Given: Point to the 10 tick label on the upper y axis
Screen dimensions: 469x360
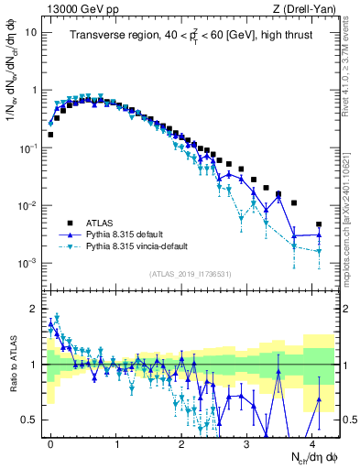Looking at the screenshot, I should tap(30, 32).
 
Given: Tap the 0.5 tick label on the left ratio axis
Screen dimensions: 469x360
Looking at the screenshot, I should tap(29, 420).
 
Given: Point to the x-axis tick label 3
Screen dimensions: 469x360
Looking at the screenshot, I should tap(246, 442).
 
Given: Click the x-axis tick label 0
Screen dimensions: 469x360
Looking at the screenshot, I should tap(50, 442).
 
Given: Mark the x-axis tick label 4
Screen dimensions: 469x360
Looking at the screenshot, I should tap(312, 442).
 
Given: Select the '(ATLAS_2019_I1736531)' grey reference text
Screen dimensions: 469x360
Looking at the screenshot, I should tap(191, 275).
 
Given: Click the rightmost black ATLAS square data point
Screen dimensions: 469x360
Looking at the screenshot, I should tap(319, 224).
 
